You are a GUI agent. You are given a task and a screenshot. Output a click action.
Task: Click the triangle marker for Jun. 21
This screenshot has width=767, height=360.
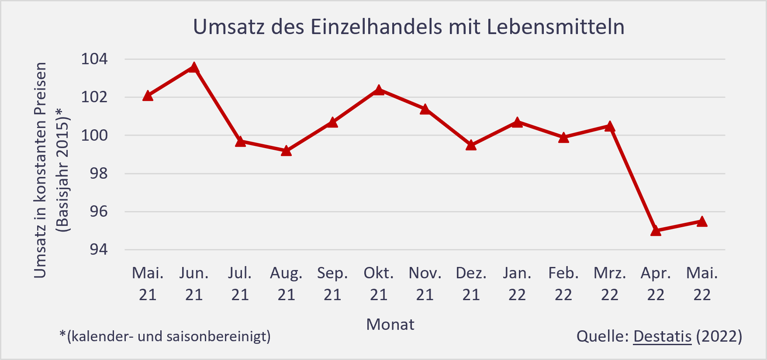click(194, 68)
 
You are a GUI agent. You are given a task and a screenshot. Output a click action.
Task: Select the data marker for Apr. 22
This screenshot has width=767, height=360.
click(656, 231)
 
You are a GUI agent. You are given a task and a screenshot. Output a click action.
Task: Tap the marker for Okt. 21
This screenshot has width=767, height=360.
click(379, 90)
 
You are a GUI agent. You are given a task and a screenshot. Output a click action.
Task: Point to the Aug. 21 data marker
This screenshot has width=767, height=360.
click(286, 151)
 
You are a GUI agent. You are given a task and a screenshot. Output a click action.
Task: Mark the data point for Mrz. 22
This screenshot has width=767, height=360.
click(610, 127)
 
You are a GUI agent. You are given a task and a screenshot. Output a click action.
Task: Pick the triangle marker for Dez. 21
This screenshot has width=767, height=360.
click(471, 145)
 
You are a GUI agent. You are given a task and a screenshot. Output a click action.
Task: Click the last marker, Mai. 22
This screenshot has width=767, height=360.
click(702, 222)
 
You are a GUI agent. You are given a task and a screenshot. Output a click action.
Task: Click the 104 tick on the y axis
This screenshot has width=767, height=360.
click(94, 59)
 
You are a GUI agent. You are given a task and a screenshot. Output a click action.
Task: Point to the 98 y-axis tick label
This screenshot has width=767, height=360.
click(98, 173)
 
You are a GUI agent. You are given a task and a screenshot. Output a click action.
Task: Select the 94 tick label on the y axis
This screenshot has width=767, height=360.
click(98, 249)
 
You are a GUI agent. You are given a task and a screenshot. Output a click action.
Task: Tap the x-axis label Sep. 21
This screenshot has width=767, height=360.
click(332, 284)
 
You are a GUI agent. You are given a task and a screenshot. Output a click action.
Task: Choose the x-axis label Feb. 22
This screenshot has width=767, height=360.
click(563, 284)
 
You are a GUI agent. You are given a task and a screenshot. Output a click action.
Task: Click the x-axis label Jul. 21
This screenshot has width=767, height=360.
click(240, 284)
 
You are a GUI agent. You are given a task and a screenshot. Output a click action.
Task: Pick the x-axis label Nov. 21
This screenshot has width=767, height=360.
click(425, 284)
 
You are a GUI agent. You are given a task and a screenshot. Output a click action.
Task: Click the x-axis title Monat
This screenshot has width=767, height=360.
click(390, 325)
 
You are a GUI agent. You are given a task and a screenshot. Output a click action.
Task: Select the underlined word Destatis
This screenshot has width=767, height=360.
click(662, 336)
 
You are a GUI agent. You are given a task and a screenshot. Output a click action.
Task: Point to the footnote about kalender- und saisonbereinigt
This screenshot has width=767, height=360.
click(165, 336)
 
